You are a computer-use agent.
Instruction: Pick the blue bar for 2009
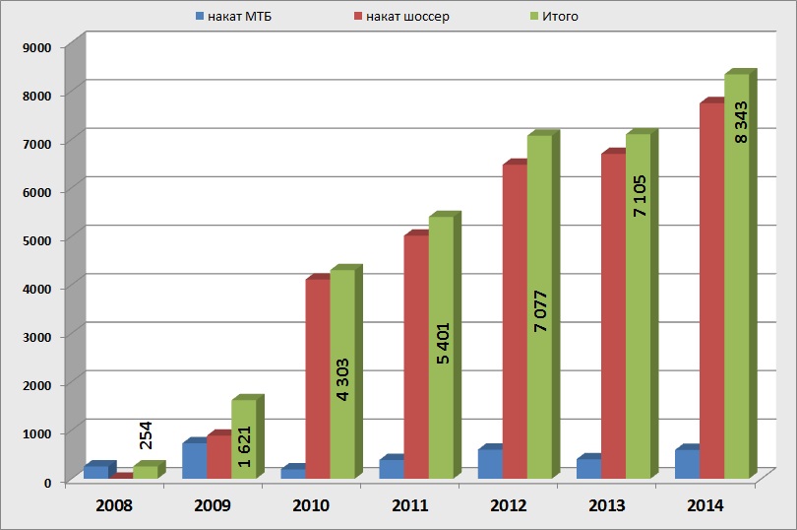click(x=194, y=461)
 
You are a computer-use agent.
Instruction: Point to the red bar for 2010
click(x=317, y=380)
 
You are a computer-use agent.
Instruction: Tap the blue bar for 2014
click(x=687, y=464)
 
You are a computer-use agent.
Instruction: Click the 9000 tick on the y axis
click(x=37, y=46)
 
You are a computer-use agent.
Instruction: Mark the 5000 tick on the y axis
click(x=37, y=239)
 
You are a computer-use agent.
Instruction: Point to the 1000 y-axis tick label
click(x=37, y=432)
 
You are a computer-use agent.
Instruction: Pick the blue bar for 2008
click(x=95, y=472)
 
